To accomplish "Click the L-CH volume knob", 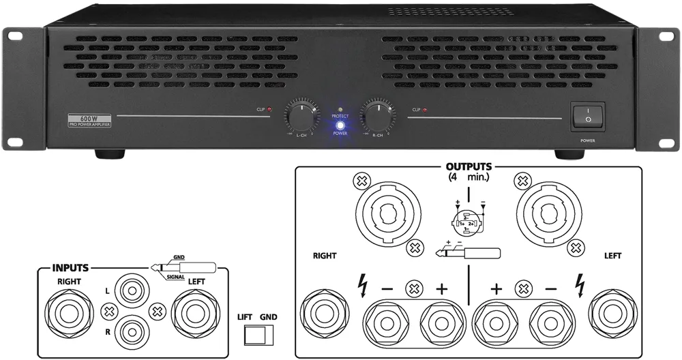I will tap(301, 116).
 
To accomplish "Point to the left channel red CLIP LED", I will tap(269, 109).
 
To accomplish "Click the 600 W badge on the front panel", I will tap(90, 117).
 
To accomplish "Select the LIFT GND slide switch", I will tap(257, 335).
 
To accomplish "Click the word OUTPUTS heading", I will tap(469, 166).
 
